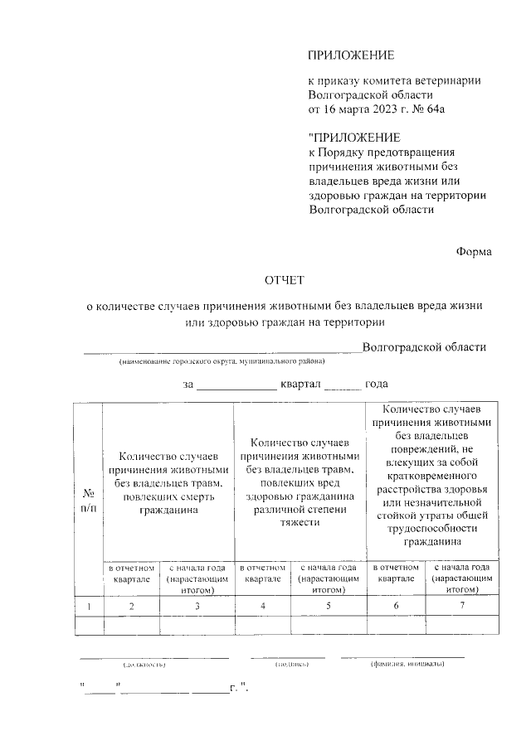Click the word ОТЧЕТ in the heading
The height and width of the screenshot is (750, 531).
285,281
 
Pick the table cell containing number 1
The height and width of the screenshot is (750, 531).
88,607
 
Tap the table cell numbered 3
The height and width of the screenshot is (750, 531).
197,607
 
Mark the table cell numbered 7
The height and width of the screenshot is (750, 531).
461,607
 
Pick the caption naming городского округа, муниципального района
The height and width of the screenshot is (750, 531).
222,362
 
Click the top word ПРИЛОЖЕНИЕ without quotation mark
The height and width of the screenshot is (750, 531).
350,56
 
